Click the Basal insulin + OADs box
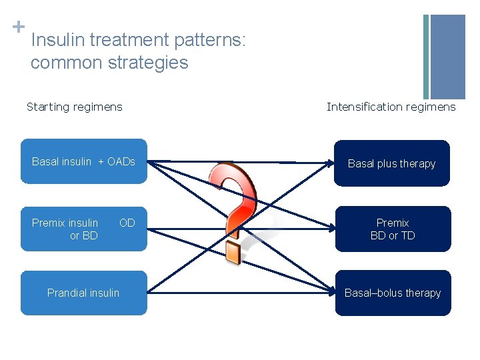click(x=83, y=161)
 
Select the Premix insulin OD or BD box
click(x=83, y=229)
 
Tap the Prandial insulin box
click(x=83, y=293)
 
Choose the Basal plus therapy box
click(x=392, y=163)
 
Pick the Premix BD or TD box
click(x=392, y=229)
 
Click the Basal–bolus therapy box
click(x=392, y=293)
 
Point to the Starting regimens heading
click(x=74, y=107)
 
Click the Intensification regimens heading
click(x=391, y=107)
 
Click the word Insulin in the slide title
click(x=58, y=41)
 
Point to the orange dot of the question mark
click(x=233, y=251)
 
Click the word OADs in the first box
click(x=121, y=161)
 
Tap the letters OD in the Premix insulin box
click(x=127, y=223)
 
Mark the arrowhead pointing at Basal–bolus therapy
click(x=329, y=291)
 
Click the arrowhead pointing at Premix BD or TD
click(x=329, y=229)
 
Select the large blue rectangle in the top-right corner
click(x=447, y=57)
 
